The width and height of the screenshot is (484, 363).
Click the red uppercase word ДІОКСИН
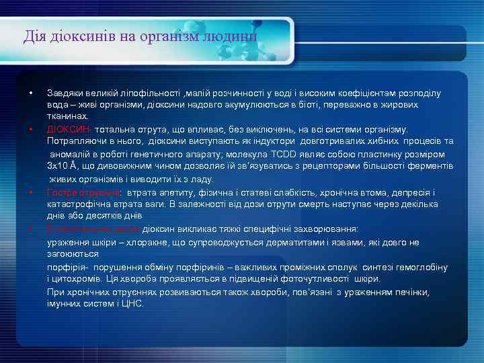click(69, 128)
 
